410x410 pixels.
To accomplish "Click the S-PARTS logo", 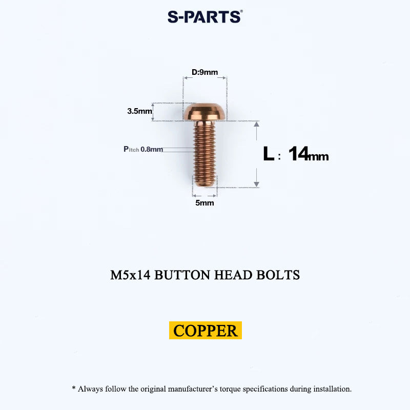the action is [x=205, y=17].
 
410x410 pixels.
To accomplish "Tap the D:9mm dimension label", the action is [x=204, y=72].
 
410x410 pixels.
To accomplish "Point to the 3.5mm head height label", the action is [x=139, y=111].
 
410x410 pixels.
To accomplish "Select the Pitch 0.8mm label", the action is [x=143, y=149].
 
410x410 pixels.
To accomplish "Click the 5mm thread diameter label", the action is [x=204, y=202].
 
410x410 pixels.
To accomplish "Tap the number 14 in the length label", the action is [x=298, y=153].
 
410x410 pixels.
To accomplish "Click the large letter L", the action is [x=269, y=153].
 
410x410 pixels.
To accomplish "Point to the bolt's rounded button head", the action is [x=204, y=112].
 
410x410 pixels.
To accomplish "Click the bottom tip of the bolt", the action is [x=204, y=186].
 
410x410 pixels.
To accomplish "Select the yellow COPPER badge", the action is [x=206, y=330].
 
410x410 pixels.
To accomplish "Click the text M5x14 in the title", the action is [x=130, y=275].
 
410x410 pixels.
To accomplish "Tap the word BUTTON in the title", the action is [x=182, y=275].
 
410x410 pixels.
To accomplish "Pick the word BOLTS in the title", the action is [x=278, y=275].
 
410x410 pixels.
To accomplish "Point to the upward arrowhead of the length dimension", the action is [x=257, y=124].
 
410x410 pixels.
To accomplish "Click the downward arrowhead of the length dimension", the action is [x=257, y=184].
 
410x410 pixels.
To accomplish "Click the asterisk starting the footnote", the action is [x=74, y=387].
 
